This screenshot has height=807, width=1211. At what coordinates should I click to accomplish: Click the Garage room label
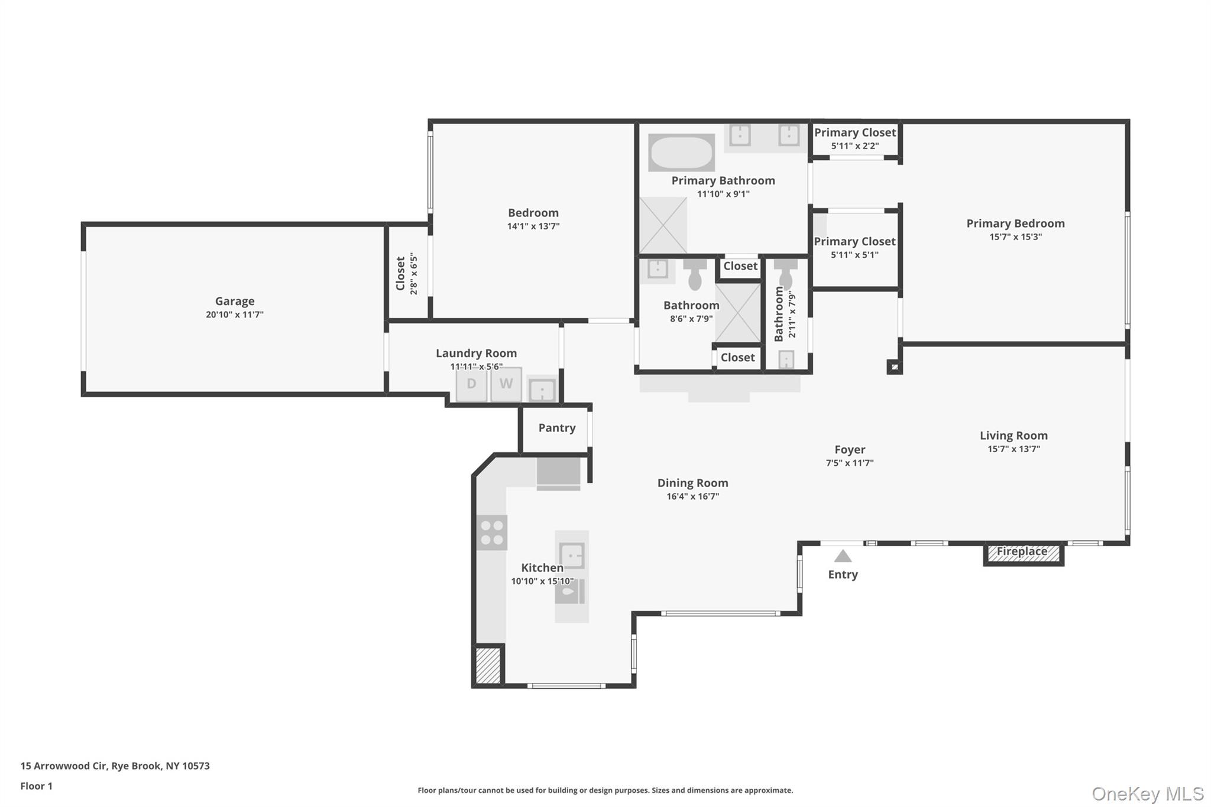point(235,301)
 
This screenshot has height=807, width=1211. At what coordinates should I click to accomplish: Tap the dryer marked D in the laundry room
point(471,384)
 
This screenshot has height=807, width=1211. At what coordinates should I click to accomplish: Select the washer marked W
point(506,384)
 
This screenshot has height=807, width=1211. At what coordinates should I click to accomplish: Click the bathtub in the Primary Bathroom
point(681,153)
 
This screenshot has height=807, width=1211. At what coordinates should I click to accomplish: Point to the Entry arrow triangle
point(843,556)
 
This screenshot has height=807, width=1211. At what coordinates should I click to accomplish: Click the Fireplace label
point(1022,552)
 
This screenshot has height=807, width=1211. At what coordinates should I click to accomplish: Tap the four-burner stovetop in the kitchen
point(491,532)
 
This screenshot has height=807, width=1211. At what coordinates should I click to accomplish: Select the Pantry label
point(556,427)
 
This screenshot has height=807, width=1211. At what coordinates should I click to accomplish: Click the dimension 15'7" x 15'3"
point(1015,237)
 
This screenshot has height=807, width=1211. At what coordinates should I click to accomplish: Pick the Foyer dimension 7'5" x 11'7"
point(850,463)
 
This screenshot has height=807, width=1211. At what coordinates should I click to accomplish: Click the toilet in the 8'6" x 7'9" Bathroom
point(695,276)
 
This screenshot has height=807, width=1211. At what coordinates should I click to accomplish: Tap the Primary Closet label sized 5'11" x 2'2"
point(855,133)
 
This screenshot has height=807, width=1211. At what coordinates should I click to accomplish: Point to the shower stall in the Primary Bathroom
point(663,225)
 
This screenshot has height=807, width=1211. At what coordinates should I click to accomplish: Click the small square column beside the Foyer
point(894,367)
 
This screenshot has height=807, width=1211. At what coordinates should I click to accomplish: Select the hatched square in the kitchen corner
point(488,666)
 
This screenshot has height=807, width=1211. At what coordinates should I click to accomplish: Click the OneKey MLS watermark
point(1147,793)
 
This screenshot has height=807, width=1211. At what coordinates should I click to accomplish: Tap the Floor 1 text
point(36,786)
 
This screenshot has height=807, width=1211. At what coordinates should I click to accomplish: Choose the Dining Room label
point(692,483)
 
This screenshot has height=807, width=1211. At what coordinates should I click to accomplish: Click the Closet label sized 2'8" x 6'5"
point(401,273)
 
